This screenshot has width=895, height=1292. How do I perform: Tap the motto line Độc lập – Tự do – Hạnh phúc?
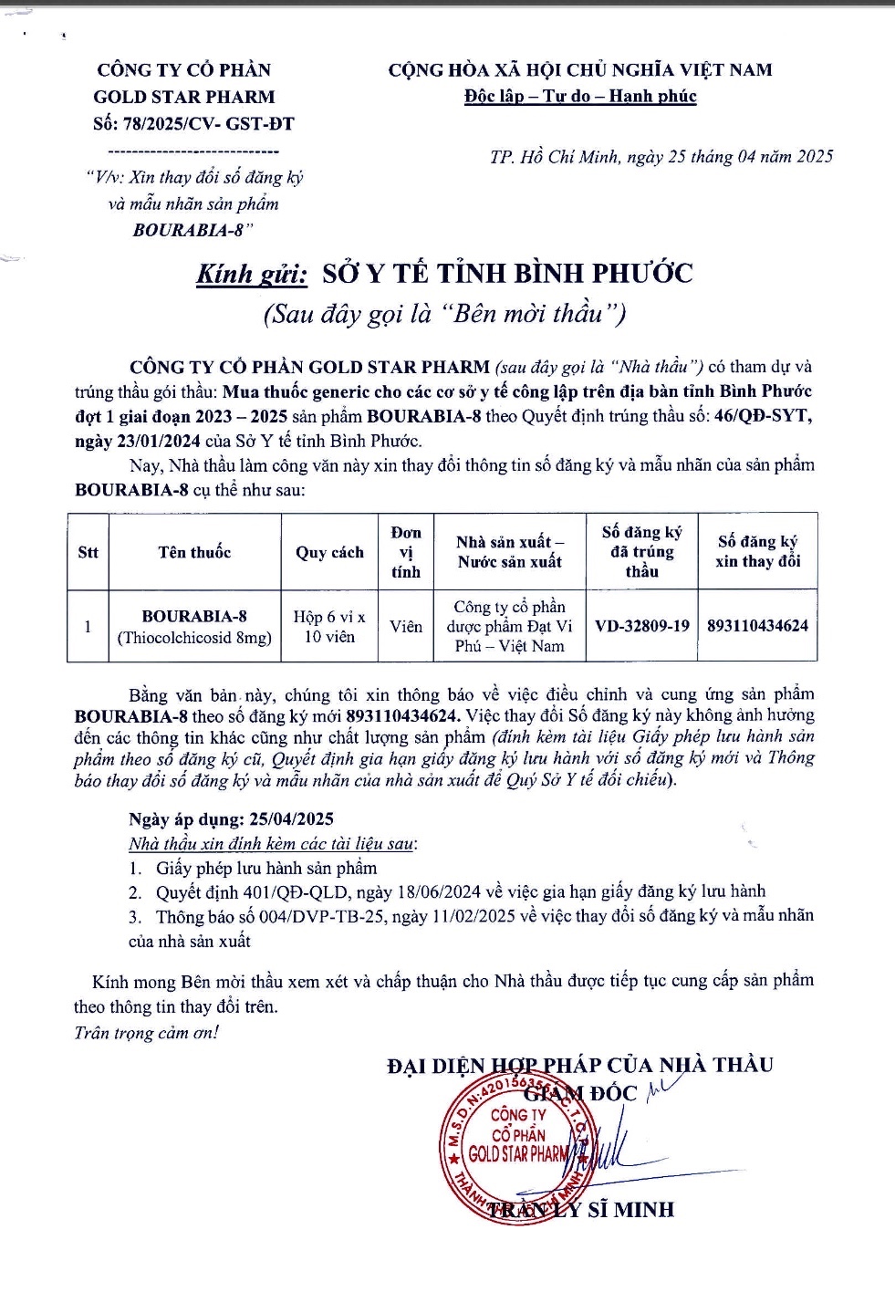coord(579,97)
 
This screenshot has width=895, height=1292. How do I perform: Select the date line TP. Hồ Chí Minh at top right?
coord(661,157)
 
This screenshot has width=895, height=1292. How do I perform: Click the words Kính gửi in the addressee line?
coord(252,274)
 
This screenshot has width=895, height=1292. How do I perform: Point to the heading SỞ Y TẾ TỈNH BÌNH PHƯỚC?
coord(507,274)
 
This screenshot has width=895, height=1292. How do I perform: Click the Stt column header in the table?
coord(88,552)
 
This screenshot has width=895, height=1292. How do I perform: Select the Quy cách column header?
coord(329,552)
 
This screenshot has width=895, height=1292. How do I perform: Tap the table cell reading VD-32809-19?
coord(641,626)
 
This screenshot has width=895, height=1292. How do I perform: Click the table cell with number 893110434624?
coord(757,626)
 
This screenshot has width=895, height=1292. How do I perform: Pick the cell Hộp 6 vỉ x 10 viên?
coord(329,627)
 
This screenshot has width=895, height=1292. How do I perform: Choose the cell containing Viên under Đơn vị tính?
coord(406,627)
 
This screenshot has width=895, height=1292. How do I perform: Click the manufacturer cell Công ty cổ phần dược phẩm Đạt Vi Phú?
coord(509,627)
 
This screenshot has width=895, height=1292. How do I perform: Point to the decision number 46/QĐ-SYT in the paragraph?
coord(763,416)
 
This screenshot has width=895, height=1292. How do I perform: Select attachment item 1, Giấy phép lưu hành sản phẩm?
coord(265,868)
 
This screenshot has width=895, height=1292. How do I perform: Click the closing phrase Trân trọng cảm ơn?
coord(146,1033)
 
